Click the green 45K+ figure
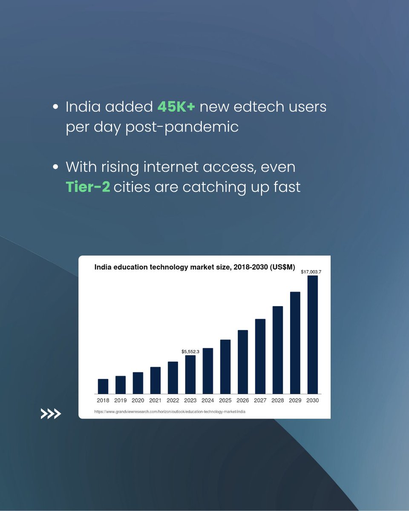pos(176,107)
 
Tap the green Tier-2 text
pos(88,187)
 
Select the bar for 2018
pos(103,386)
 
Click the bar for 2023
pos(190,374)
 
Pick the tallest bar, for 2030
pos(313,335)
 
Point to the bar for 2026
pos(243,362)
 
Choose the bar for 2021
pos(156,380)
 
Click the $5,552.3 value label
pos(190,352)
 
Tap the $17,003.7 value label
pos(311,272)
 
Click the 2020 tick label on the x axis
pos(138,401)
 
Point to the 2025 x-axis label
pos(225,401)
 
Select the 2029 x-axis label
pos(295,401)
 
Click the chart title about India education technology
pos(195,267)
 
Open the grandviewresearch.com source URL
pos(170,412)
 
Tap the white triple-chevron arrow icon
pos(51,413)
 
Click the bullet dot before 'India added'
pos(55,108)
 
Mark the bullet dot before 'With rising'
pos(55,167)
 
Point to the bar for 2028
pos(278,350)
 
